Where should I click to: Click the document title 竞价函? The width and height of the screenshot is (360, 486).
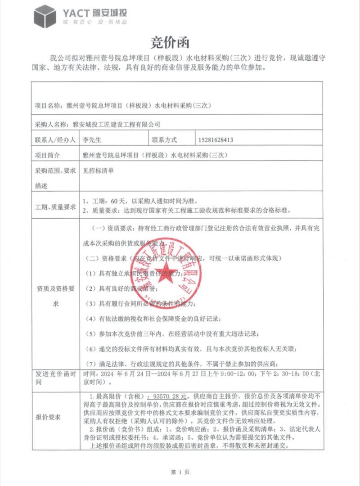click(x=170, y=43)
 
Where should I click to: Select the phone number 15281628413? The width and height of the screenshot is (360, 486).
click(x=216, y=140)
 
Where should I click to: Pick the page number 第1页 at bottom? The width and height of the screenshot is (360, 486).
click(x=180, y=472)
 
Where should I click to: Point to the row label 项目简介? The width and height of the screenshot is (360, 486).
click(x=47, y=155)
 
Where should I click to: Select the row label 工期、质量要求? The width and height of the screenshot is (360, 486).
click(x=55, y=206)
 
